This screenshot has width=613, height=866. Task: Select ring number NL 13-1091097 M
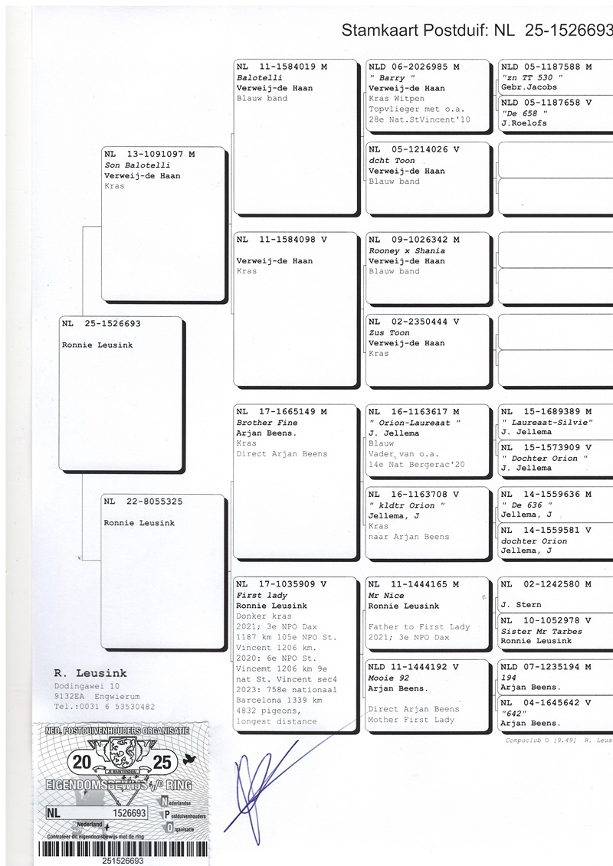click(x=149, y=154)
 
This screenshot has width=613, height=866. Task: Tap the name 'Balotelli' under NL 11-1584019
click(x=260, y=77)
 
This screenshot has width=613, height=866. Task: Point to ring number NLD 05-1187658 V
click(x=546, y=103)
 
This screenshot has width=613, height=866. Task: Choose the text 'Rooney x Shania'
click(x=407, y=250)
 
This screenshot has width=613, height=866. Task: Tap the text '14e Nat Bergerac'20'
click(x=416, y=465)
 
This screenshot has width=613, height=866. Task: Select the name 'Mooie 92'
click(x=388, y=678)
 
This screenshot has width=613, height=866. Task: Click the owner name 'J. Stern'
click(x=521, y=605)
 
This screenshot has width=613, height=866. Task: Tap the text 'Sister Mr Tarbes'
click(x=542, y=631)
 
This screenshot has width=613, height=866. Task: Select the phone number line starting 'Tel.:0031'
click(x=104, y=707)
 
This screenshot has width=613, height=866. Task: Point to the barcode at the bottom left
click(x=123, y=849)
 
